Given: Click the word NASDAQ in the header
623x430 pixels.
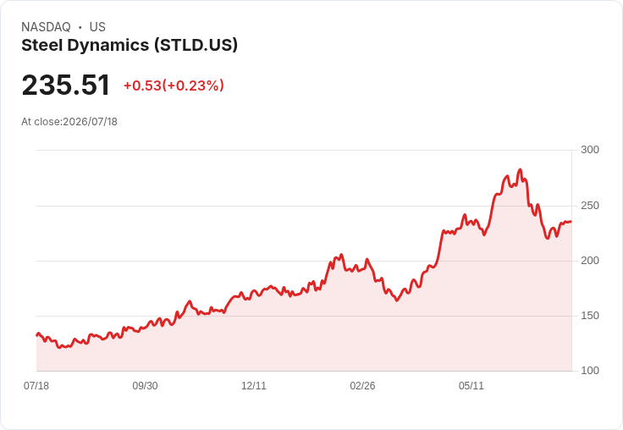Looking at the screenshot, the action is tap(46, 27).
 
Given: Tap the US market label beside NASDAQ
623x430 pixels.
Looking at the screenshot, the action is tap(97, 27).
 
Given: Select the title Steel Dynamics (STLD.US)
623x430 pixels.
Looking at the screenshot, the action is tap(130, 46).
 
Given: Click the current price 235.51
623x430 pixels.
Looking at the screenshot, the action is tap(65, 85).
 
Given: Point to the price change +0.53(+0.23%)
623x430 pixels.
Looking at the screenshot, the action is tap(174, 85).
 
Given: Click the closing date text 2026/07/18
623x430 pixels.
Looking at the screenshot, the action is tap(91, 122).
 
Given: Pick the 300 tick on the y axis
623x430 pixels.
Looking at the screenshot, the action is tap(590, 150).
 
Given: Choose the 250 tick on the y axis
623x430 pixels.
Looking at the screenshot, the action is tap(590, 206).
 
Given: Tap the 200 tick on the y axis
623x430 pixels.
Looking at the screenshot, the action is tap(590, 261).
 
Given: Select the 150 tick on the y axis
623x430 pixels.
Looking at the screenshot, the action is tap(590, 316).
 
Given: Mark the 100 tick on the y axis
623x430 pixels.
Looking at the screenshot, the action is tap(590, 371).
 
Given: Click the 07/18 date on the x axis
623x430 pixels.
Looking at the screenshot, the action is tap(36, 385).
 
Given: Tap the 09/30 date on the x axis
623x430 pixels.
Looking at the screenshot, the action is tap(145, 385).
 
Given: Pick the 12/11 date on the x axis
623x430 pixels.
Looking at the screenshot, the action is tap(254, 385).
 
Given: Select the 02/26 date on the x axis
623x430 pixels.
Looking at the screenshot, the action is tap(362, 385).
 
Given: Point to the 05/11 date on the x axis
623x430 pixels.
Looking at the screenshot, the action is tap(471, 385).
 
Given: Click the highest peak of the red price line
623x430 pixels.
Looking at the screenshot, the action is tap(520, 169).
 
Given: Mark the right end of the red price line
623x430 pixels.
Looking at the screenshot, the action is tap(571, 222).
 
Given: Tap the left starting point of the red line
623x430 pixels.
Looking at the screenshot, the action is tap(37, 335).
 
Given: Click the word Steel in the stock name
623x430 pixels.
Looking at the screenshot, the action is tap(42, 46).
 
